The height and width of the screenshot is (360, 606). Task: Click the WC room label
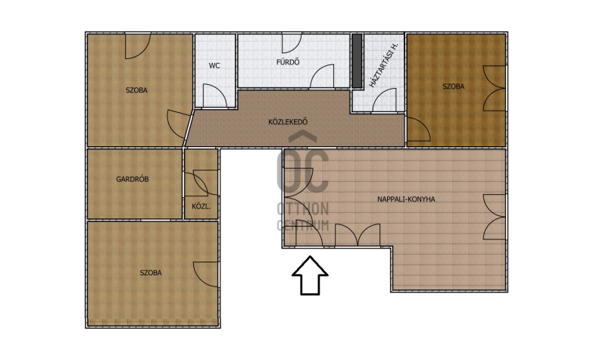click(x=214, y=66)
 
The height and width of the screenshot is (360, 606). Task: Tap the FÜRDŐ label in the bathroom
click(x=288, y=62)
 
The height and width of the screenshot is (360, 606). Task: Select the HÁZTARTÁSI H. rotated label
click(x=383, y=65)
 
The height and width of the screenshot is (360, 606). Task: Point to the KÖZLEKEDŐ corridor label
click(x=288, y=122)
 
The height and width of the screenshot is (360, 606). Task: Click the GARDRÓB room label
click(x=132, y=179)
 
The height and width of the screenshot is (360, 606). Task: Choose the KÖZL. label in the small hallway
click(x=201, y=206)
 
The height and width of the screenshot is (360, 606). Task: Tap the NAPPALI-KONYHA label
click(x=406, y=199)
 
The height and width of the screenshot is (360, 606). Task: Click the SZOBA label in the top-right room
click(x=453, y=86)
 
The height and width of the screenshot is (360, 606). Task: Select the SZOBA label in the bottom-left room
click(x=151, y=273)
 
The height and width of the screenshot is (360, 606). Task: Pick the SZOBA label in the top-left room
click(x=136, y=90)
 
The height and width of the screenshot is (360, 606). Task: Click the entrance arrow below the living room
click(x=310, y=275)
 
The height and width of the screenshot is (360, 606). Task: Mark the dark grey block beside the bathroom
click(x=357, y=61)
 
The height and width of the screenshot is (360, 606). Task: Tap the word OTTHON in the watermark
click(x=302, y=209)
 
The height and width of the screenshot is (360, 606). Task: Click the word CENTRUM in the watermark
click(x=302, y=225)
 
